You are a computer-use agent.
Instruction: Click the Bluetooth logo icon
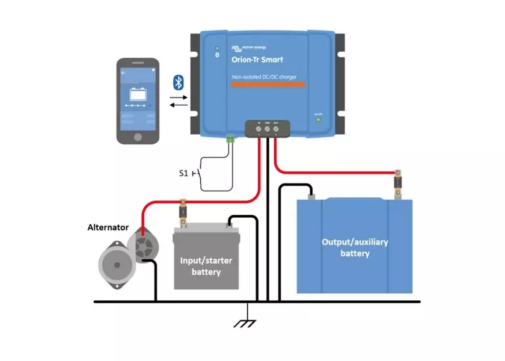click(178, 82)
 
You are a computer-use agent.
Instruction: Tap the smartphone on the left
click(138, 100)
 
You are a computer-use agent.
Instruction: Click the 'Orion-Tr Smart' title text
click(257, 60)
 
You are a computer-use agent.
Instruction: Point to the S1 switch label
click(184, 173)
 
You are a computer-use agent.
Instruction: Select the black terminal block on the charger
click(267, 128)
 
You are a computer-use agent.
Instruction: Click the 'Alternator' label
click(108, 227)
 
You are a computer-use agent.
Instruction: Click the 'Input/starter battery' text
click(206, 266)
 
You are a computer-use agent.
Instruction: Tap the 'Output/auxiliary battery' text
click(355, 247)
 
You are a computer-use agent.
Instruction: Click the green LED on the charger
click(319, 120)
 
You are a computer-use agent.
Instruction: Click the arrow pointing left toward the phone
click(178, 105)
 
